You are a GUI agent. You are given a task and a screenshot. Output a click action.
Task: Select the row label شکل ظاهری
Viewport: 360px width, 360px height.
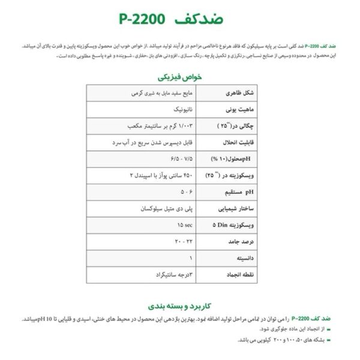[227, 94]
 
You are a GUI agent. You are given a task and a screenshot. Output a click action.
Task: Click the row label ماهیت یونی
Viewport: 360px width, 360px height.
[227, 110]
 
